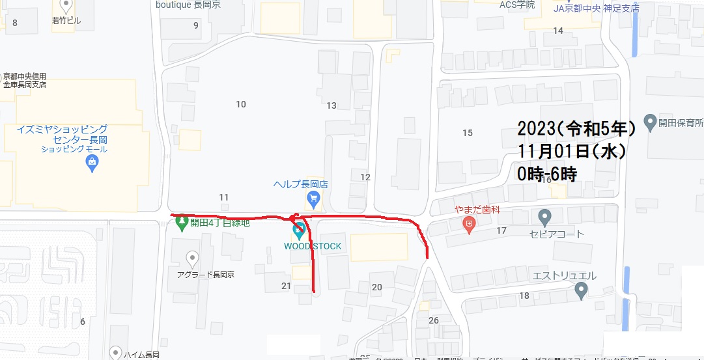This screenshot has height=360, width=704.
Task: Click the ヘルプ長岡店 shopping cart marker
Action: point(314,199)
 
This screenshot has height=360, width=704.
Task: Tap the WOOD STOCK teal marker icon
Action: point(298,229)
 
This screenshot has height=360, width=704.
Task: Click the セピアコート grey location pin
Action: point(545,216)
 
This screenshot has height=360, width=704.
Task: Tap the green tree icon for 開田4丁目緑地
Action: point(182,223)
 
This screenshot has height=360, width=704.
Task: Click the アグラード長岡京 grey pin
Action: point(192,258)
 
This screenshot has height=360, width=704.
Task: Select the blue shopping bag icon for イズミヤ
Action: point(92,162)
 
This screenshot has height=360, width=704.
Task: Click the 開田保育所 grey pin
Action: point(649,121)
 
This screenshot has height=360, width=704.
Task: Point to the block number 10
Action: point(241,104)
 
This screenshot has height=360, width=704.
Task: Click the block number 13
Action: point(331,105)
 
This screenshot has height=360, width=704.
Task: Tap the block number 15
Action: point(467,133)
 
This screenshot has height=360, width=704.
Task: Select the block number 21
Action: point(286,286)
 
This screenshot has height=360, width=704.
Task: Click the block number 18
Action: point(524,296)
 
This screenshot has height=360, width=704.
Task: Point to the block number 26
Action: point(434,320)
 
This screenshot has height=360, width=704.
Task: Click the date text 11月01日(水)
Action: point(572,151)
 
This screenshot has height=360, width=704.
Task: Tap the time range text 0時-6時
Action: point(547,174)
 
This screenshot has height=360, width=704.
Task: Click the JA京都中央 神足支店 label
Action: point(595,8)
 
